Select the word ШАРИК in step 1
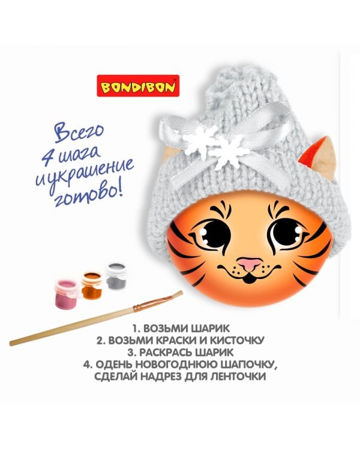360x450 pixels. pyautogui.click(x=212, y=329)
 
